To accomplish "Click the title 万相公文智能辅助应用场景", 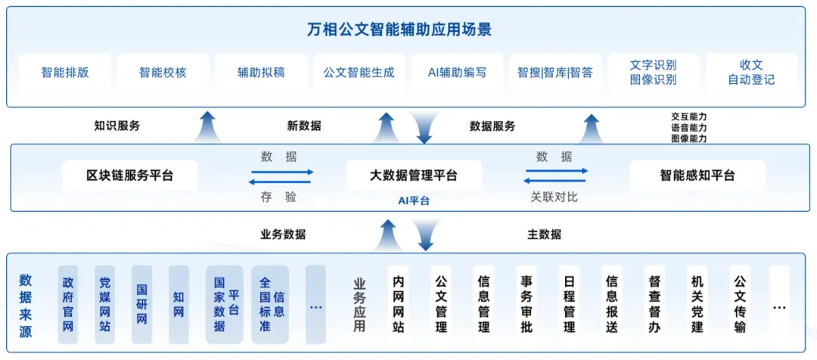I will (x=409, y=30).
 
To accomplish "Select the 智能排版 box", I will (x=65, y=73).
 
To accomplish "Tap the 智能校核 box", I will (x=163, y=73).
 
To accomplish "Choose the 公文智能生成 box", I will (x=359, y=73).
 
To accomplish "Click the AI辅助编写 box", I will (x=457, y=73).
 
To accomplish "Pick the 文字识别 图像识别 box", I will (x=653, y=73).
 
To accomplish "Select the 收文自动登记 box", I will (x=751, y=73).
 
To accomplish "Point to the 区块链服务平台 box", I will (x=129, y=175).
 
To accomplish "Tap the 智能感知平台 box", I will (x=697, y=175).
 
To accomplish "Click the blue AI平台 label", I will (x=414, y=200).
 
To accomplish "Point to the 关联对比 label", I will (x=554, y=197).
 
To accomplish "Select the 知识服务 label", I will (x=117, y=126).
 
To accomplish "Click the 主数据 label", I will (x=544, y=234).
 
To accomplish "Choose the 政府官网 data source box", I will (x=68, y=304).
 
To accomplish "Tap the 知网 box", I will (x=179, y=304).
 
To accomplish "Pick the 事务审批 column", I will (x=527, y=304).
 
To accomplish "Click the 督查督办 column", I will (x=655, y=304).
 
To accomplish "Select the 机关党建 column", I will (x=697, y=304).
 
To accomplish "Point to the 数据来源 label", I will (x=26, y=304).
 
